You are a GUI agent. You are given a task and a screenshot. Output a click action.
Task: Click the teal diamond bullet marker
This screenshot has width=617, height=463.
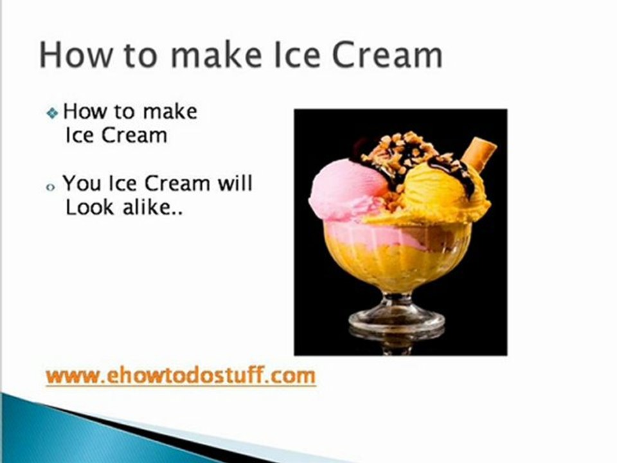[52, 113]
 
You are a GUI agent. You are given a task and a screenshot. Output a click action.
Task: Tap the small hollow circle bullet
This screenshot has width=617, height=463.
[50, 187]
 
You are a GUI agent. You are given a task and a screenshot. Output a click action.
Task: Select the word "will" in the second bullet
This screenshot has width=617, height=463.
[235, 183]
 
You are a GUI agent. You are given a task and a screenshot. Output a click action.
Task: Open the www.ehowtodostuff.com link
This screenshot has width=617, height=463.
[181, 376]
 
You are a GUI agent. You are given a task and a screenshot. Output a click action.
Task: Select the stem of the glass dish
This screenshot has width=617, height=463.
[397, 301]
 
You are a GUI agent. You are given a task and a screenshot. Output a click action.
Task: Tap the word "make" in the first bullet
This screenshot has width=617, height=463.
[170, 111]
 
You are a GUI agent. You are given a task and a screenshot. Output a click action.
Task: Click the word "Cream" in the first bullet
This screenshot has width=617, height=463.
[134, 136]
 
